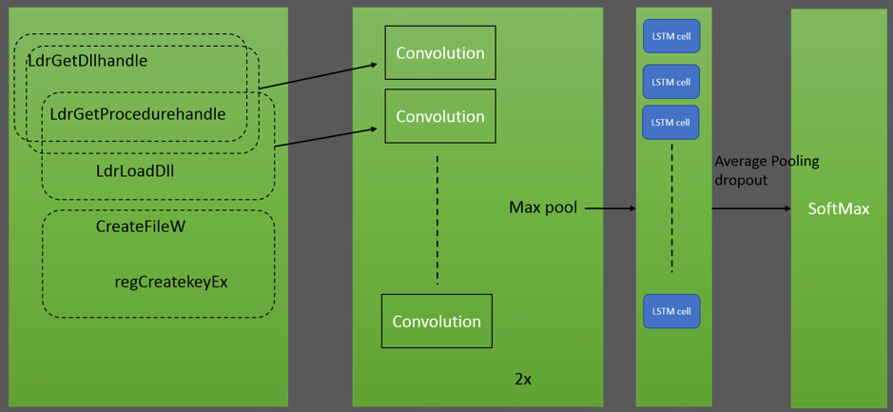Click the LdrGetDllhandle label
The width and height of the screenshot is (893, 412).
[87, 61]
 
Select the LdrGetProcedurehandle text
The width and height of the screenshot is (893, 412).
[138, 114]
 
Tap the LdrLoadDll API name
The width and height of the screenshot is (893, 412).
[135, 172]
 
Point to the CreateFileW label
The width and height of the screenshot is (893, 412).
[141, 227]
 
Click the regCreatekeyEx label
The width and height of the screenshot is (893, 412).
[171, 282]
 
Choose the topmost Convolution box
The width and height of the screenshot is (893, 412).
[440, 53]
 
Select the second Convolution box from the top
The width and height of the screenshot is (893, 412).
[440, 116]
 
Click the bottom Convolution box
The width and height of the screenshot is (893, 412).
[437, 322]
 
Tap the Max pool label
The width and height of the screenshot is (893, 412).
[543, 207]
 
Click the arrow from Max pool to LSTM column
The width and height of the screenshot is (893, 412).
[610, 207]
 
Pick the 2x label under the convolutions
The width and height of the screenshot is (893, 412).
[523, 379]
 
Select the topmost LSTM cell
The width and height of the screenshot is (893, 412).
[671, 37]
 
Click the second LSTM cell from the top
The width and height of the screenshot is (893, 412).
[671, 82]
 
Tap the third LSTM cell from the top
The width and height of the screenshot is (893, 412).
[671, 122]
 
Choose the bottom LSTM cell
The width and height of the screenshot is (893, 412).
[671, 311]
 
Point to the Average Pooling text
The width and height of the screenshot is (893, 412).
[767, 161]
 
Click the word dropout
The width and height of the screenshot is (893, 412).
[741, 179]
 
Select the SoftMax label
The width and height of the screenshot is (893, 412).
[839, 208]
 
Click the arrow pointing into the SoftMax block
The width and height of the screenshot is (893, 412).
[751, 208]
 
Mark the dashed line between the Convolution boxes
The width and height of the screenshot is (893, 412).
[437, 219]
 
